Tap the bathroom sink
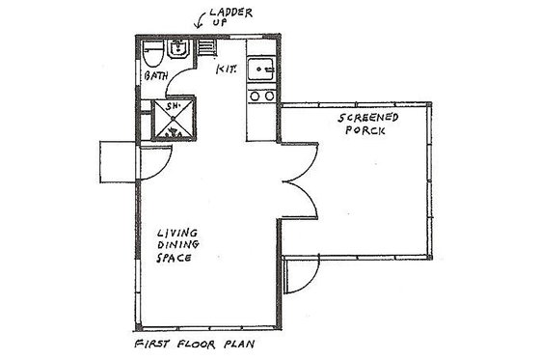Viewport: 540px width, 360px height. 178,49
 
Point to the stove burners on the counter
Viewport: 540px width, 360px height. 259,96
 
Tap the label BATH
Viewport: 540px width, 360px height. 156,75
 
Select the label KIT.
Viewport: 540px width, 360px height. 226,70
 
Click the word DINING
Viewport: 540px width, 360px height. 177,246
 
